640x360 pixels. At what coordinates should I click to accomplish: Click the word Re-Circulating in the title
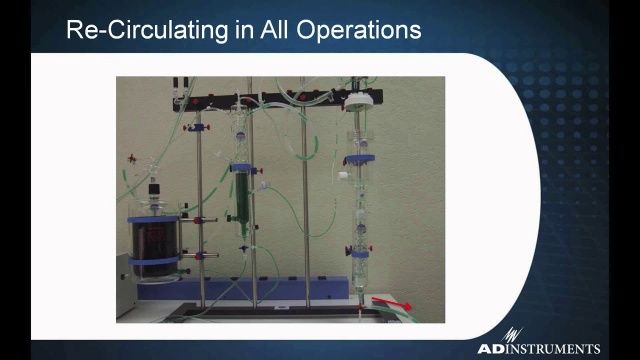pyautogui.click(x=147, y=30)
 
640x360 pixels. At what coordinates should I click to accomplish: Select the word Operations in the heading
pyautogui.click(x=359, y=31)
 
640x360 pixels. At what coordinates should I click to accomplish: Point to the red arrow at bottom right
pyautogui.click(x=391, y=303)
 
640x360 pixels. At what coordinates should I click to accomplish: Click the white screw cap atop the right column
pyautogui.click(x=358, y=102)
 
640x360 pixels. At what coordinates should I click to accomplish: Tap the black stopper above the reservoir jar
pyautogui.click(x=154, y=189)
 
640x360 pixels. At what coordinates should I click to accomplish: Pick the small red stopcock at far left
pyautogui.click(x=132, y=158)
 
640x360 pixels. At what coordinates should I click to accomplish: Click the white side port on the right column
pyautogui.click(x=342, y=176)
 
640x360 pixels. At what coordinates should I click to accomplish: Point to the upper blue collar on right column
pyautogui.click(x=360, y=159)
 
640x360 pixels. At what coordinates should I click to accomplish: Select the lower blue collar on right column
pyautogui.click(x=360, y=254)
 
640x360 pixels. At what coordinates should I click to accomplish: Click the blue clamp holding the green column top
pyautogui.click(x=243, y=168)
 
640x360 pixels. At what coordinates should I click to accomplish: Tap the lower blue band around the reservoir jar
pyautogui.click(x=154, y=260)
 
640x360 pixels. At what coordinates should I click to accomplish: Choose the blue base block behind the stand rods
pyautogui.click(x=243, y=288)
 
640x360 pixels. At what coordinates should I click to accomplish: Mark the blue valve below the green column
pyautogui.click(x=244, y=248)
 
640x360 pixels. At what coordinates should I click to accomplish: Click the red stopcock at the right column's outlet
pyautogui.click(x=360, y=307)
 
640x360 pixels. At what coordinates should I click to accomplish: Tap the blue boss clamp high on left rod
pyautogui.click(x=197, y=128)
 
